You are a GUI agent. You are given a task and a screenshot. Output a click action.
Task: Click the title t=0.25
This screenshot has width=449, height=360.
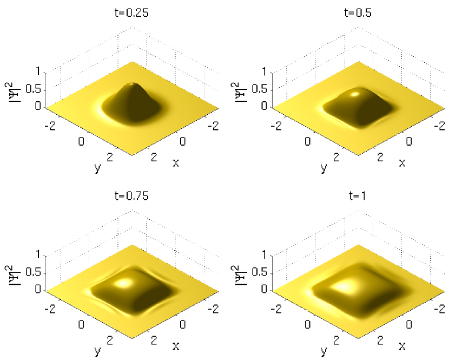[131, 13]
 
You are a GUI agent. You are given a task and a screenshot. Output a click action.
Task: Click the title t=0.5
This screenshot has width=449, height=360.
[358, 13]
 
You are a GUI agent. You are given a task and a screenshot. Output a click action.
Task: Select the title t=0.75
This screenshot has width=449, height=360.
[131, 196]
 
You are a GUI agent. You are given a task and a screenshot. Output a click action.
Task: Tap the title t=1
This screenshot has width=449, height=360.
[358, 196]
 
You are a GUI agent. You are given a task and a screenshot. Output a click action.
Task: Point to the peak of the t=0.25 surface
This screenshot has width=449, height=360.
[131, 84]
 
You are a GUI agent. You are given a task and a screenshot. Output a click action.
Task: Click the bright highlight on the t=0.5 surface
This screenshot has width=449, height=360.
[355, 94]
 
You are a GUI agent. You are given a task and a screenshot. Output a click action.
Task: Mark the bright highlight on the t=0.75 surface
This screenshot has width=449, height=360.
[123, 283]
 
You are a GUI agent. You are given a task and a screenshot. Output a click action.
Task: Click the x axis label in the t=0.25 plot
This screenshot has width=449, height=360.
[176, 163]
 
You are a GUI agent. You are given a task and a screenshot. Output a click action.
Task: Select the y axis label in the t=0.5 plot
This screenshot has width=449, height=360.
[324, 168]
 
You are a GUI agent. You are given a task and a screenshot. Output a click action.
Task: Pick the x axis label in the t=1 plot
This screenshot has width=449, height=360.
[402, 346]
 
